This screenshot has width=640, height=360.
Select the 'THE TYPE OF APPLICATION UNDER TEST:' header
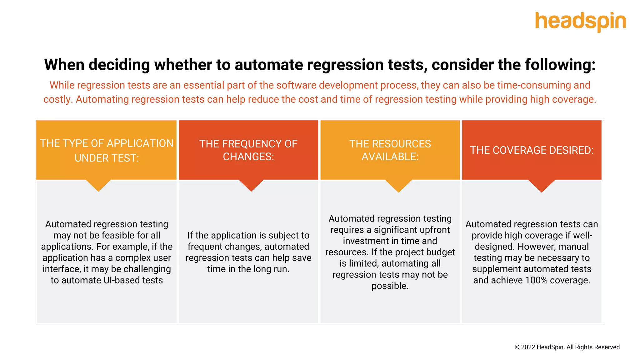[107, 150]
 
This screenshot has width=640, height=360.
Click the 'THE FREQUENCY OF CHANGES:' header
[248, 150]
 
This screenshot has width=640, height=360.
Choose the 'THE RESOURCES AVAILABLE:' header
[390, 150]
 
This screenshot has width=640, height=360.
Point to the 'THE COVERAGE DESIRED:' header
[532, 150]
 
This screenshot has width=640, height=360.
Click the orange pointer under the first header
[98, 185]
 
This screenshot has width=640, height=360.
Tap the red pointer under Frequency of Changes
[251, 185]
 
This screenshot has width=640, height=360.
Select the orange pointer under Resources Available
[398, 186]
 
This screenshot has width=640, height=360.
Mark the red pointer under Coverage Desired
[542, 186]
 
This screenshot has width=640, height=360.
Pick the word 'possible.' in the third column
[390, 286]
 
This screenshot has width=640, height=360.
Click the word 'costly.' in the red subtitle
[58, 99]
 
